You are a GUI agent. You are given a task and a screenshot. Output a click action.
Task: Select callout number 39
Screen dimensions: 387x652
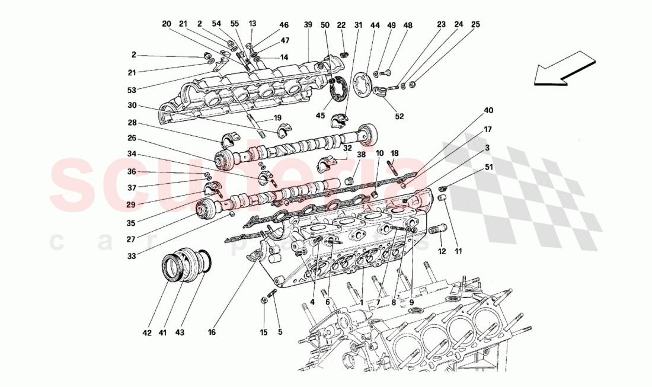click(x=308, y=25)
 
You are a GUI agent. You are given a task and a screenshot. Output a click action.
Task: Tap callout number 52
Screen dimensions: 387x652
click(x=399, y=116)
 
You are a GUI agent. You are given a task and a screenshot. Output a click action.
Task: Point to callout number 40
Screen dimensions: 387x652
click(x=488, y=110)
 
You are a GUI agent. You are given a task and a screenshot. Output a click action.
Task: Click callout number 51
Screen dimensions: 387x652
click(x=488, y=167)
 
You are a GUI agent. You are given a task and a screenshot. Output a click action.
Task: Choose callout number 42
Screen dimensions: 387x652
click(x=147, y=332)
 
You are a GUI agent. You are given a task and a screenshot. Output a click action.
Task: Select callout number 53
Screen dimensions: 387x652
click(x=132, y=89)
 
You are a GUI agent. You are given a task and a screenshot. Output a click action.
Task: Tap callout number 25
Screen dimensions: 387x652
click(x=475, y=25)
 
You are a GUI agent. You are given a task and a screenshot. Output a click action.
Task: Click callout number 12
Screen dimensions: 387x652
click(x=441, y=252)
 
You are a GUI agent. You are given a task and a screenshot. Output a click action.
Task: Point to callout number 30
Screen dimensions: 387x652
click(x=132, y=105)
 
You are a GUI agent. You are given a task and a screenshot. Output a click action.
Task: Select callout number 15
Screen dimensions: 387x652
click(x=264, y=332)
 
